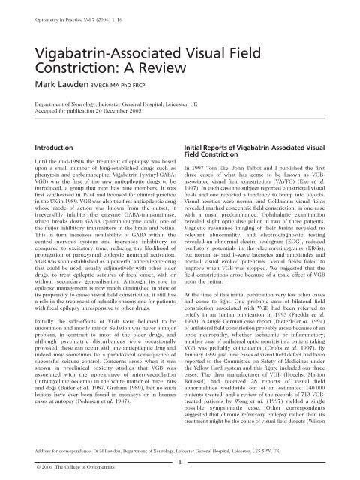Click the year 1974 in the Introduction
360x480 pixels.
pyautogui.click(x=105, y=212)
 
